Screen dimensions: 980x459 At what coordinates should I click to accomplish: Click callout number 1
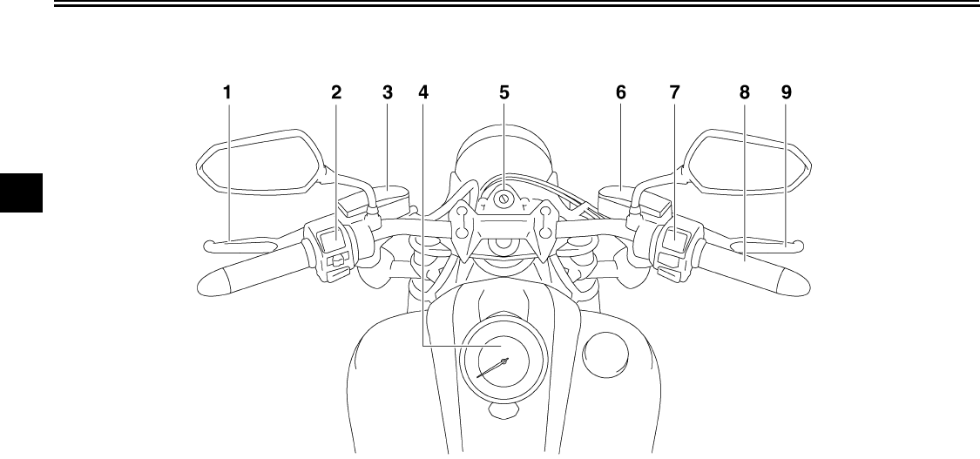point(227,91)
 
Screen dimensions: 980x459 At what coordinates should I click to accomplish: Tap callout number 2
point(336,91)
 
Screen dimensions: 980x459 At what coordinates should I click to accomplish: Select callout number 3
point(388,91)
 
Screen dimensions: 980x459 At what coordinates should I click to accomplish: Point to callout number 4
point(423,91)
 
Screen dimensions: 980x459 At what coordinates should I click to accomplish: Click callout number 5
point(504,91)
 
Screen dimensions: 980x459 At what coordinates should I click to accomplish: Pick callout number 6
point(621,91)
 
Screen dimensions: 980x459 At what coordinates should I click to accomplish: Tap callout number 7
point(674,91)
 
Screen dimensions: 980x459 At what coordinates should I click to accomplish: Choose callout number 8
point(744,91)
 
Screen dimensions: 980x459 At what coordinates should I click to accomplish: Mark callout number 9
point(787,91)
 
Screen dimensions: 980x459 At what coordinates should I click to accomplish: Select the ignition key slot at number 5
point(504,199)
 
